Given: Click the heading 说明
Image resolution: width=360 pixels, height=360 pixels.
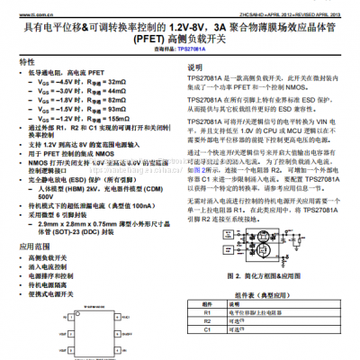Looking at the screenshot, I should tap(195, 68).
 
